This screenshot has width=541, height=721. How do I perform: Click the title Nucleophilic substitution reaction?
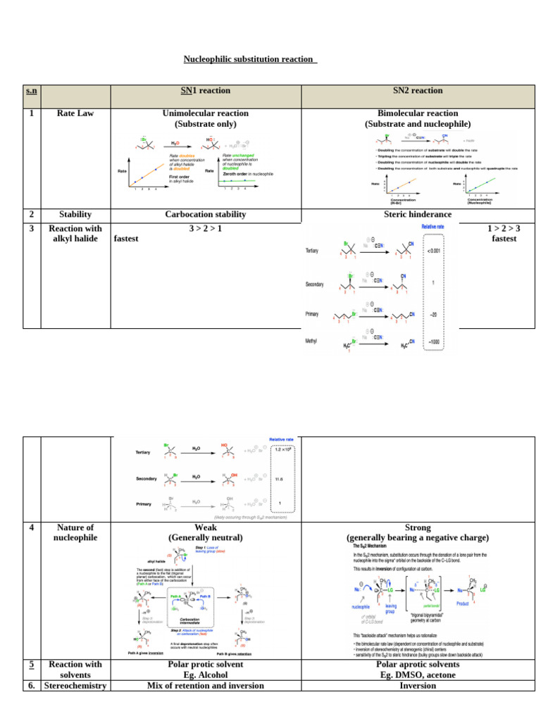tap(250, 59)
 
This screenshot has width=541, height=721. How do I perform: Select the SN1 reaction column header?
tap(206, 90)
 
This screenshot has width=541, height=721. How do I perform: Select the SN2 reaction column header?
tap(418, 90)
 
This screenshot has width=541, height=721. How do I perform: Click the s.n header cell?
tap(32, 91)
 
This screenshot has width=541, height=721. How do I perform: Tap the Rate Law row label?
tap(75, 113)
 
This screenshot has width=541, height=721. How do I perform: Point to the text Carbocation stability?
tap(206, 214)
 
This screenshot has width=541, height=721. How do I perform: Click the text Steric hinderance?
tap(418, 214)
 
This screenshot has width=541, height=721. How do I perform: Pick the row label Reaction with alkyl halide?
tap(75, 233)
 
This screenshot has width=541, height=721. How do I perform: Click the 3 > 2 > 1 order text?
tap(206, 228)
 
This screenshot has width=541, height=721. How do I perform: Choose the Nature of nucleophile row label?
tap(75, 532)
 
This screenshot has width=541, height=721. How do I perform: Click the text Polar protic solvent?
tap(206, 664)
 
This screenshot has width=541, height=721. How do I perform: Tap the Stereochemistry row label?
tap(75, 685)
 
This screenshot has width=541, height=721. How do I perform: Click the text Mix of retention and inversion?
tap(206, 685)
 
